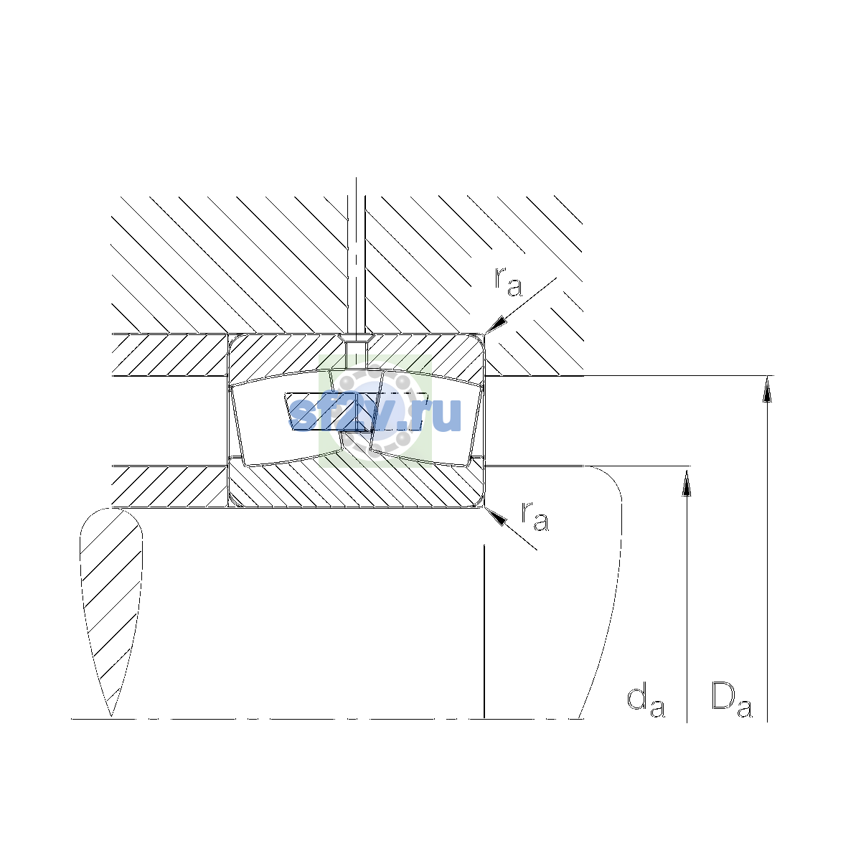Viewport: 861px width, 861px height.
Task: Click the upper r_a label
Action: point(507,283)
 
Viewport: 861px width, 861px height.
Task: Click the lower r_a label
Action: point(535,517)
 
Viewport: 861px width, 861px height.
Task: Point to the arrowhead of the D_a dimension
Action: point(767,388)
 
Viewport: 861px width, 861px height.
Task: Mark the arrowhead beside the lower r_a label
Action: point(496,516)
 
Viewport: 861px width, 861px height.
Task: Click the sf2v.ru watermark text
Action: point(375,414)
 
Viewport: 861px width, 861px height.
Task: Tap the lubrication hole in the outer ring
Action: point(356,354)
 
